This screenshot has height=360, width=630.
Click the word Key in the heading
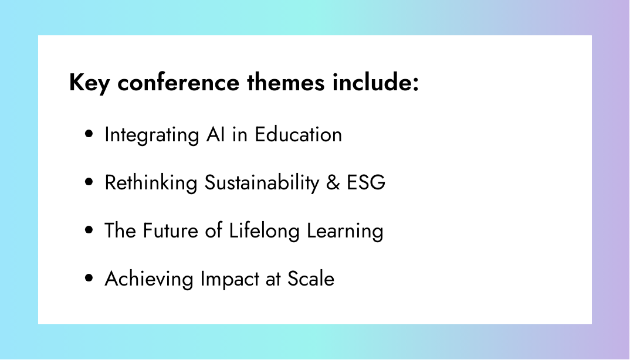pos(89,83)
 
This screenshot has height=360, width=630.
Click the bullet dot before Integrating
pos(89,134)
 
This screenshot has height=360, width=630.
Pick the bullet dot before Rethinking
pos(89,182)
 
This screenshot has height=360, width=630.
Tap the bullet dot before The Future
pos(89,230)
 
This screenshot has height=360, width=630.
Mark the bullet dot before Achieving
pos(89,278)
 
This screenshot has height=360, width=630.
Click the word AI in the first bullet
pos(215,134)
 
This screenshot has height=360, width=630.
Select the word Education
pos(298,134)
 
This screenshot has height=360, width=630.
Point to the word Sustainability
pos(262,182)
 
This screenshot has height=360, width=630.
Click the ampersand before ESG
pos(333,183)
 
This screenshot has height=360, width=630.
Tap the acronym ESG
pos(366,183)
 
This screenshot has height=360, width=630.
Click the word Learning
pos(345,231)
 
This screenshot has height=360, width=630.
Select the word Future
pos(171,231)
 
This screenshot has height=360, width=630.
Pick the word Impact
pos(230,279)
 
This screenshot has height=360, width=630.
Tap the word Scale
pos(311,279)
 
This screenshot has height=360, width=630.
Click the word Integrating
pos(152,135)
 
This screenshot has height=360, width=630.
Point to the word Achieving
pos(149,279)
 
